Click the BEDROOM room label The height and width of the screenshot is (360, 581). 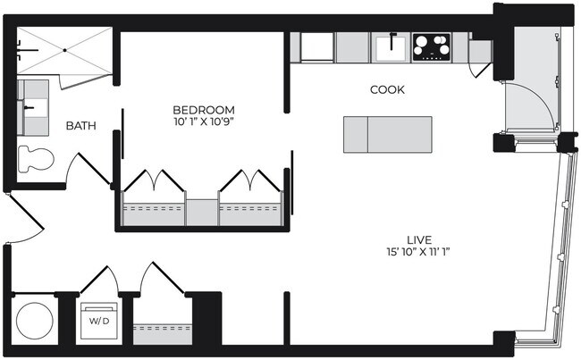point(204,109)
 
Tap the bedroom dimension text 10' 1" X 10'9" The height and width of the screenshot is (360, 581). point(204,121)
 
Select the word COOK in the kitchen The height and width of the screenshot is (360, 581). point(387,90)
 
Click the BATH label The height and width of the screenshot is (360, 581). point(81,126)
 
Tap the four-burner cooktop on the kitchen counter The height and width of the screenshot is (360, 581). point(431,46)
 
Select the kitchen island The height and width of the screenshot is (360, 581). point(387,134)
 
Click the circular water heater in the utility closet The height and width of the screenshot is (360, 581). point(34,319)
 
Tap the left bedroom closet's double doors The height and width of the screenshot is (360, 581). point(153,181)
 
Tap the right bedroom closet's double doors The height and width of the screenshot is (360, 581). point(251,181)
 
